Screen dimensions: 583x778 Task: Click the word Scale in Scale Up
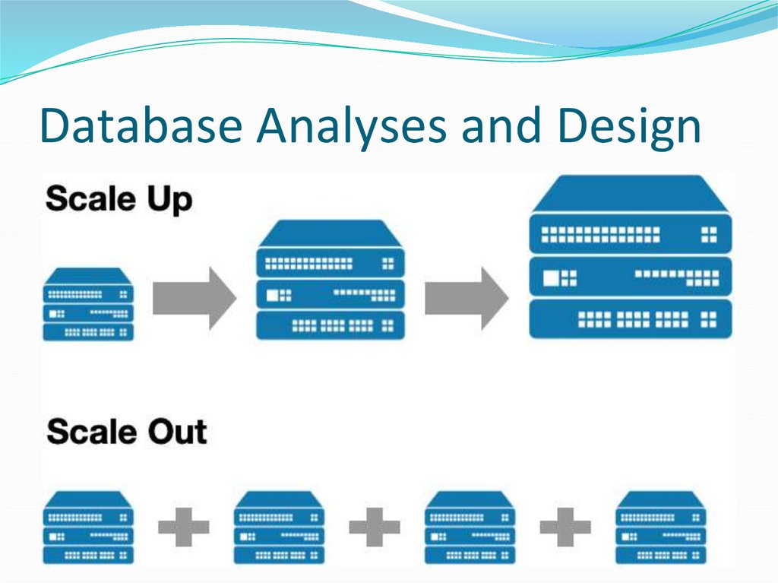point(89,198)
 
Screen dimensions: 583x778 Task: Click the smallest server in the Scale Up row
point(88,304)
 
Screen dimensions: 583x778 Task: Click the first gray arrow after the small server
point(194,297)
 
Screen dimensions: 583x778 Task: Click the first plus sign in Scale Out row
point(184,526)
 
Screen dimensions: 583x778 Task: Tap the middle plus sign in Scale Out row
point(375,526)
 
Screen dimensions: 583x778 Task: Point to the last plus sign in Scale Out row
point(565,526)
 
